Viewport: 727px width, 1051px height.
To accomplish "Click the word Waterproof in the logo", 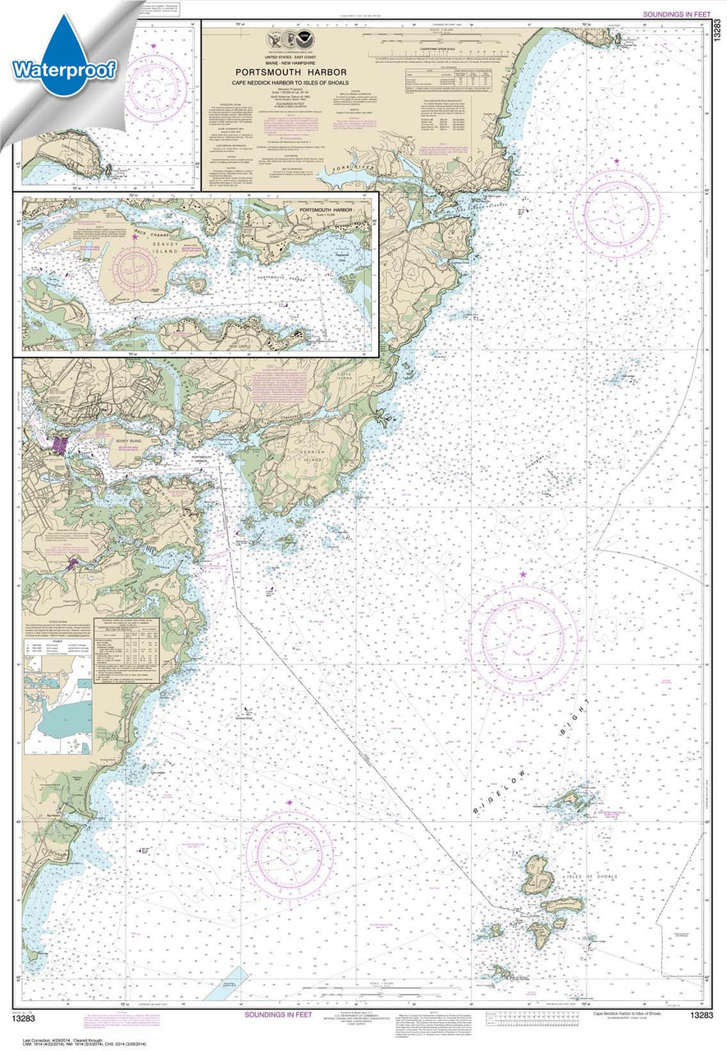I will pos(63,68).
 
